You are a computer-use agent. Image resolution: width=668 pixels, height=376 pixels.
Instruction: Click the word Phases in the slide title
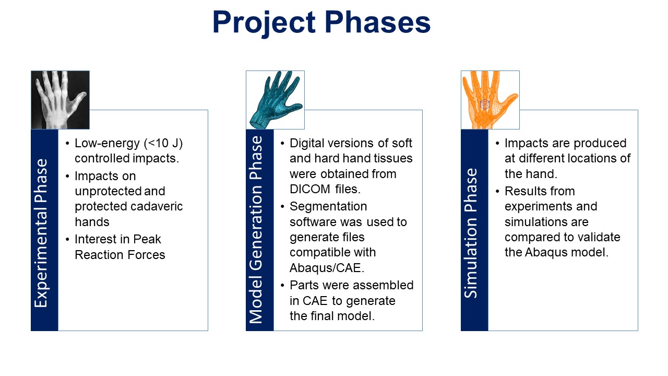click(x=377, y=22)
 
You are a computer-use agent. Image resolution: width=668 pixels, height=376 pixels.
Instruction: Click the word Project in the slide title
click(x=264, y=24)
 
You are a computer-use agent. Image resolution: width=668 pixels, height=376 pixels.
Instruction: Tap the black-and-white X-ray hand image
click(x=60, y=100)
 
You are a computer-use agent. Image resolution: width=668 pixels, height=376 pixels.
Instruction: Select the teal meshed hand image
click(x=275, y=100)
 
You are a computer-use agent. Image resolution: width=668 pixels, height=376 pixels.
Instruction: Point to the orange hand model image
click(x=490, y=100)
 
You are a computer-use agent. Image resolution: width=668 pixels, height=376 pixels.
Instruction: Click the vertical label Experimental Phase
click(x=41, y=233)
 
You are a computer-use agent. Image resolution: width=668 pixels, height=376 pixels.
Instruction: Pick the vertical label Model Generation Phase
click(x=256, y=230)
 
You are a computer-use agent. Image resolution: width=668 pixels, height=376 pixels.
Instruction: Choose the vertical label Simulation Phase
click(x=471, y=233)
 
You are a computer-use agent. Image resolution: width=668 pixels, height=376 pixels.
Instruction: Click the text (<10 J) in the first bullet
click(x=163, y=143)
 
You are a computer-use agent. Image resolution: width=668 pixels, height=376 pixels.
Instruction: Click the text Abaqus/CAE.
click(x=327, y=268)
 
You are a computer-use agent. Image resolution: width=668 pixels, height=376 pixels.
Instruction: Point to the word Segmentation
click(x=328, y=207)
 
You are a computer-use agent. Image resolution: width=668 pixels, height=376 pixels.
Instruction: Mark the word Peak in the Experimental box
click(x=147, y=239)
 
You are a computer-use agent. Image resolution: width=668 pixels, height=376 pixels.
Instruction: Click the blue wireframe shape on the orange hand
click(x=485, y=104)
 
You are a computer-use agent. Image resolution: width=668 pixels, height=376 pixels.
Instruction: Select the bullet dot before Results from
click(x=497, y=191)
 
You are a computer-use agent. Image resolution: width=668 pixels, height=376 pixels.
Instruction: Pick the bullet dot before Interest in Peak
click(x=67, y=240)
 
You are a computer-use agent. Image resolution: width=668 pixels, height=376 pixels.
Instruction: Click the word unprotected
click(x=108, y=192)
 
